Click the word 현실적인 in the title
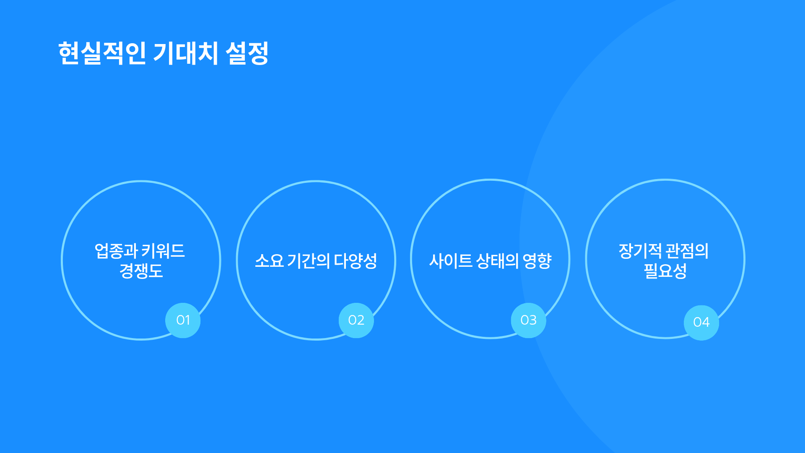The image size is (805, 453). coord(102,53)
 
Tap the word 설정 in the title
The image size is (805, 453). coord(247,53)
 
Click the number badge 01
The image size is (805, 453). coord(183,320)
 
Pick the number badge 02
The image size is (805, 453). coord(356,320)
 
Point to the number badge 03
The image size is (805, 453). coord(529,320)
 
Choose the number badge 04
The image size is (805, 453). coord(701,323)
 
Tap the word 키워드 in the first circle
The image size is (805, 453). coord(163,251)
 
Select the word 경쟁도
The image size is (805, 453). coord(141,271)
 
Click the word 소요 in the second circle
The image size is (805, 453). coord(269,261)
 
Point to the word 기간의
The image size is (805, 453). coord(309,261)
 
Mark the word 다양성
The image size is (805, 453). coord(356,261)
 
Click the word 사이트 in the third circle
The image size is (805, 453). coord(451,261)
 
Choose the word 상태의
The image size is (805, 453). coord(498,261)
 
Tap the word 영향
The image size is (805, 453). coord(537,261)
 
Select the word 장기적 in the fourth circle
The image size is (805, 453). coord(640,251)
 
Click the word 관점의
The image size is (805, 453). coord(687,251)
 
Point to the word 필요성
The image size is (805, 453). coord(665,271)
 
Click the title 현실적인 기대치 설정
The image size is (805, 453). coord(164,53)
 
